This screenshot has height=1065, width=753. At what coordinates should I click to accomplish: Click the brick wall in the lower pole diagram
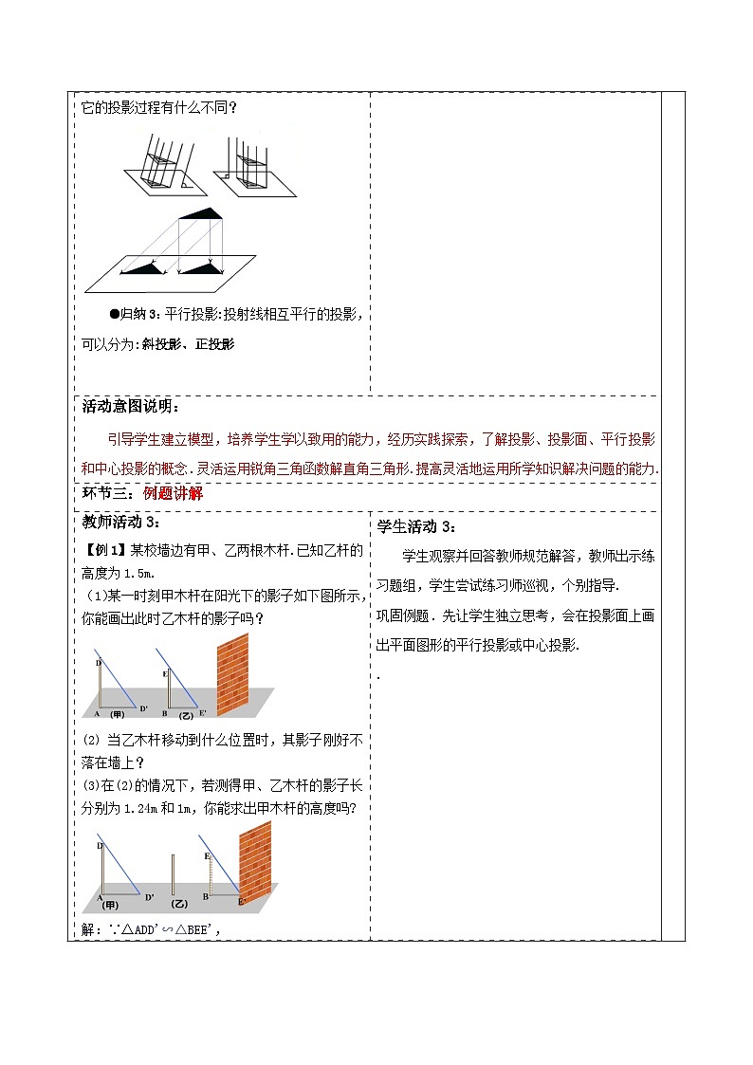tap(254, 858)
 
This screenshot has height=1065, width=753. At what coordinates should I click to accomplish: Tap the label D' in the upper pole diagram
tap(144, 707)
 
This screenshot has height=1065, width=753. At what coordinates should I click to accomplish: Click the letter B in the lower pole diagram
tap(206, 895)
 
